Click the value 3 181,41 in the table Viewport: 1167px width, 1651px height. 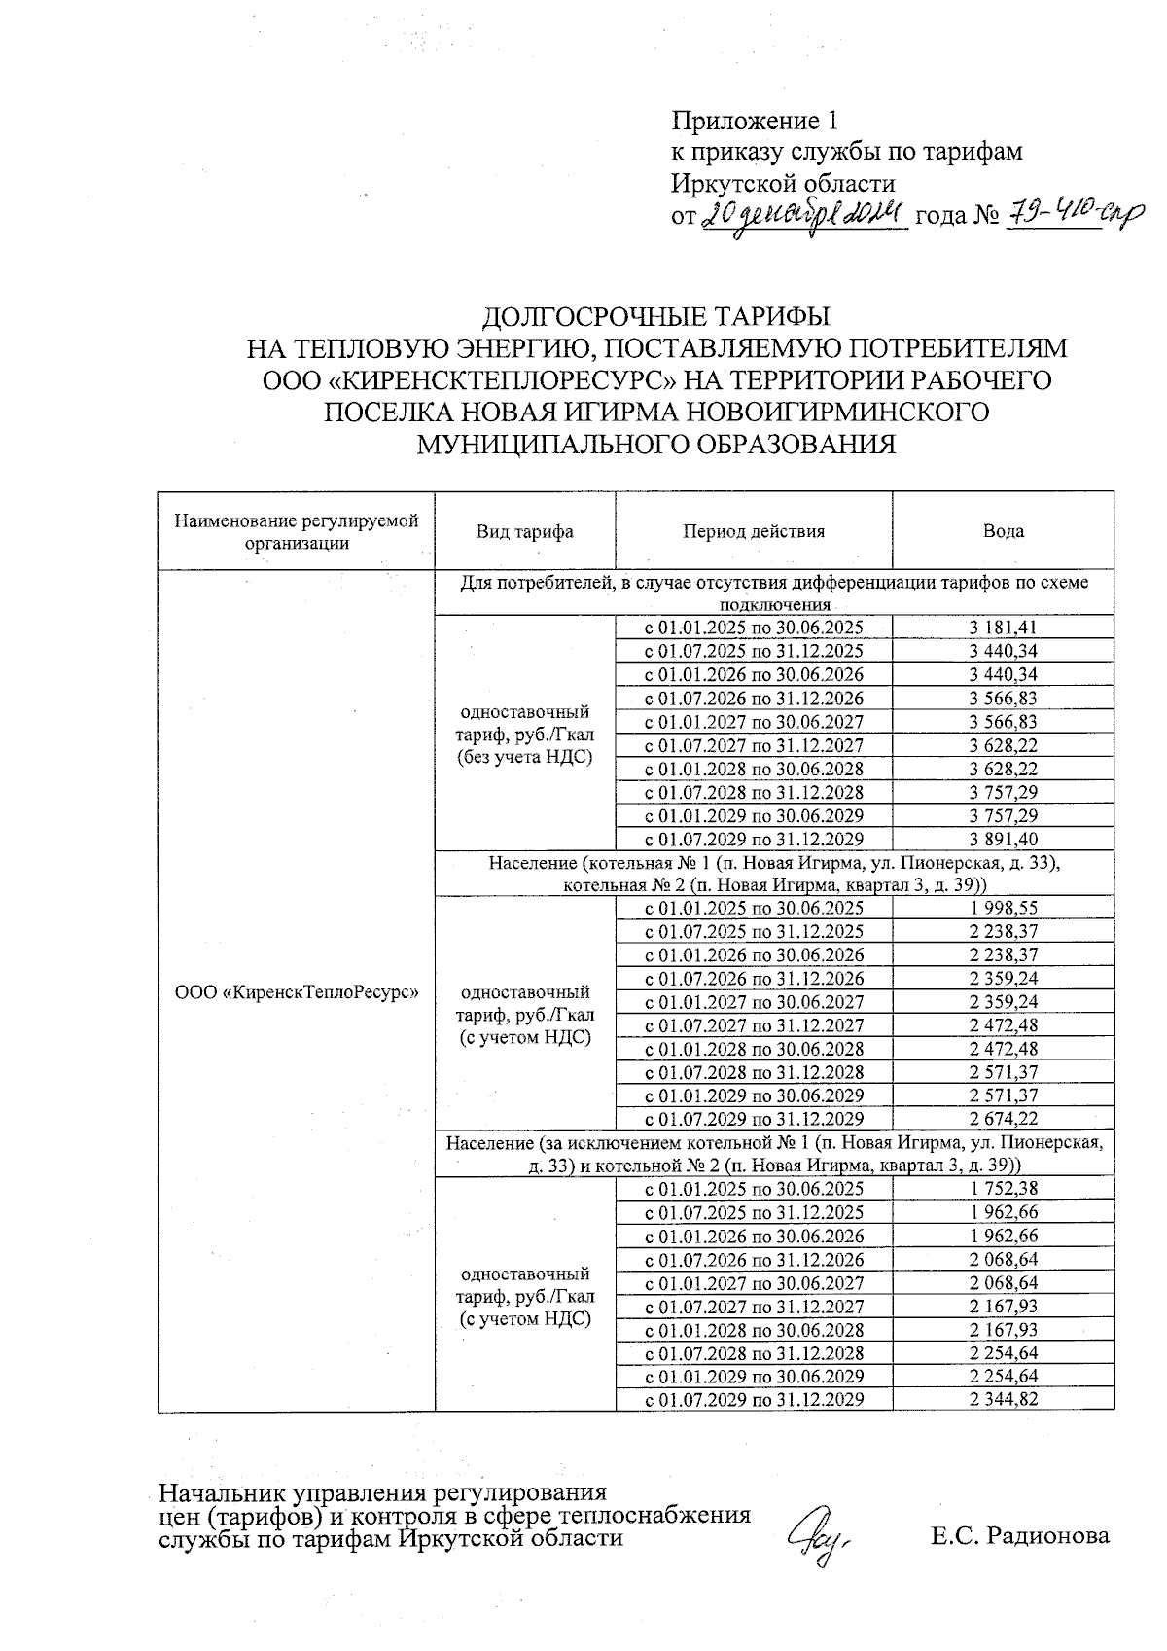coord(1003,628)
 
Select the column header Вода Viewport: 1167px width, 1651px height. coord(1003,531)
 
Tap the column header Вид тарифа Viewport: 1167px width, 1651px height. coord(524,531)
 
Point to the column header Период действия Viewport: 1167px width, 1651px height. coord(753,531)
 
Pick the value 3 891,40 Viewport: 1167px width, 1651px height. coord(1003,839)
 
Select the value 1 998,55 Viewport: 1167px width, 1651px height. coord(1003,908)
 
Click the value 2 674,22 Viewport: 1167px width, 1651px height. coord(1003,1119)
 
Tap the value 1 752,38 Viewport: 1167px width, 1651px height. coord(1003,1188)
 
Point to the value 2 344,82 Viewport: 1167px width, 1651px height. coord(1003,1399)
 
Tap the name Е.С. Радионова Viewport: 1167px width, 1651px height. coord(1019,1536)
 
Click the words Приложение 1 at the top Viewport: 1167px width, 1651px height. coord(754,121)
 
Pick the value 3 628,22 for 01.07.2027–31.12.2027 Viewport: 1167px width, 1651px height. coord(1003,745)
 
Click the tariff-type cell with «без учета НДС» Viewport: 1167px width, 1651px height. coord(524,734)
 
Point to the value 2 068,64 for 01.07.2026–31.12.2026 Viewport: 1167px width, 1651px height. coord(1003,1259)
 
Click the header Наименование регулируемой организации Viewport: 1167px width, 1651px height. coord(296,531)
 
